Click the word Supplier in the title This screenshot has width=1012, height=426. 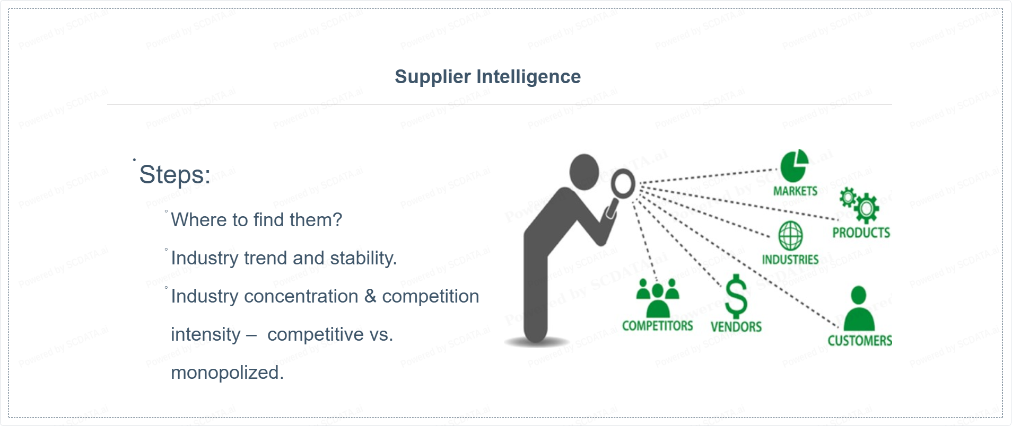pyautogui.click(x=432, y=77)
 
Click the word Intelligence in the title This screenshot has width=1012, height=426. pyautogui.click(x=528, y=77)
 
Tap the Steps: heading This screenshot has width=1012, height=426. pyautogui.click(x=175, y=175)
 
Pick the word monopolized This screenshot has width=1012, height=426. pyautogui.click(x=227, y=373)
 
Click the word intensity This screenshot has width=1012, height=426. pyautogui.click(x=206, y=335)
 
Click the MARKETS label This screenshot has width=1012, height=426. pyautogui.click(x=795, y=191)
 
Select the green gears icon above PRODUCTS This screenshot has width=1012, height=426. pyautogui.click(x=859, y=205)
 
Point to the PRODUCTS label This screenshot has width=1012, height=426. pyautogui.click(x=861, y=233)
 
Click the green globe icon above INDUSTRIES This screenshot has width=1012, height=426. pyautogui.click(x=790, y=236)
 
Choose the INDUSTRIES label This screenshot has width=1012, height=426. pyautogui.click(x=790, y=260)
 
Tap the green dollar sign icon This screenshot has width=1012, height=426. pyautogui.click(x=736, y=296)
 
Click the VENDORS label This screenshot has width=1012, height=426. pyautogui.click(x=736, y=327)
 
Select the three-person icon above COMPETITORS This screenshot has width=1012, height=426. pyautogui.click(x=658, y=298)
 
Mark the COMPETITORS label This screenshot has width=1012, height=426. pyautogui.click(x=658, y=326)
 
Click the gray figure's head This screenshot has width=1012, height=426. pyautogui.click(x=584, y=172)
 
